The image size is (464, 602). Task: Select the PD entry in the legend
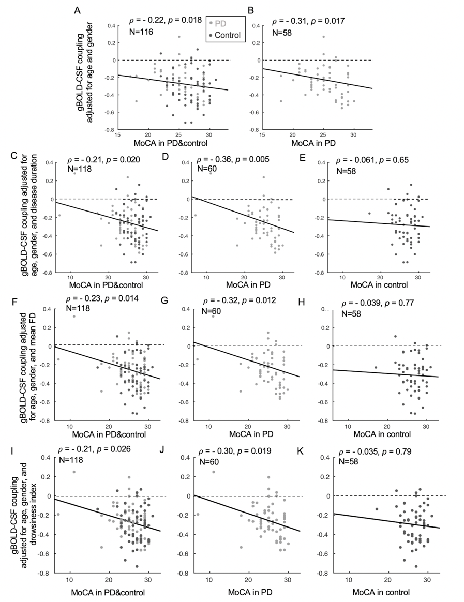tap(220, 23)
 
